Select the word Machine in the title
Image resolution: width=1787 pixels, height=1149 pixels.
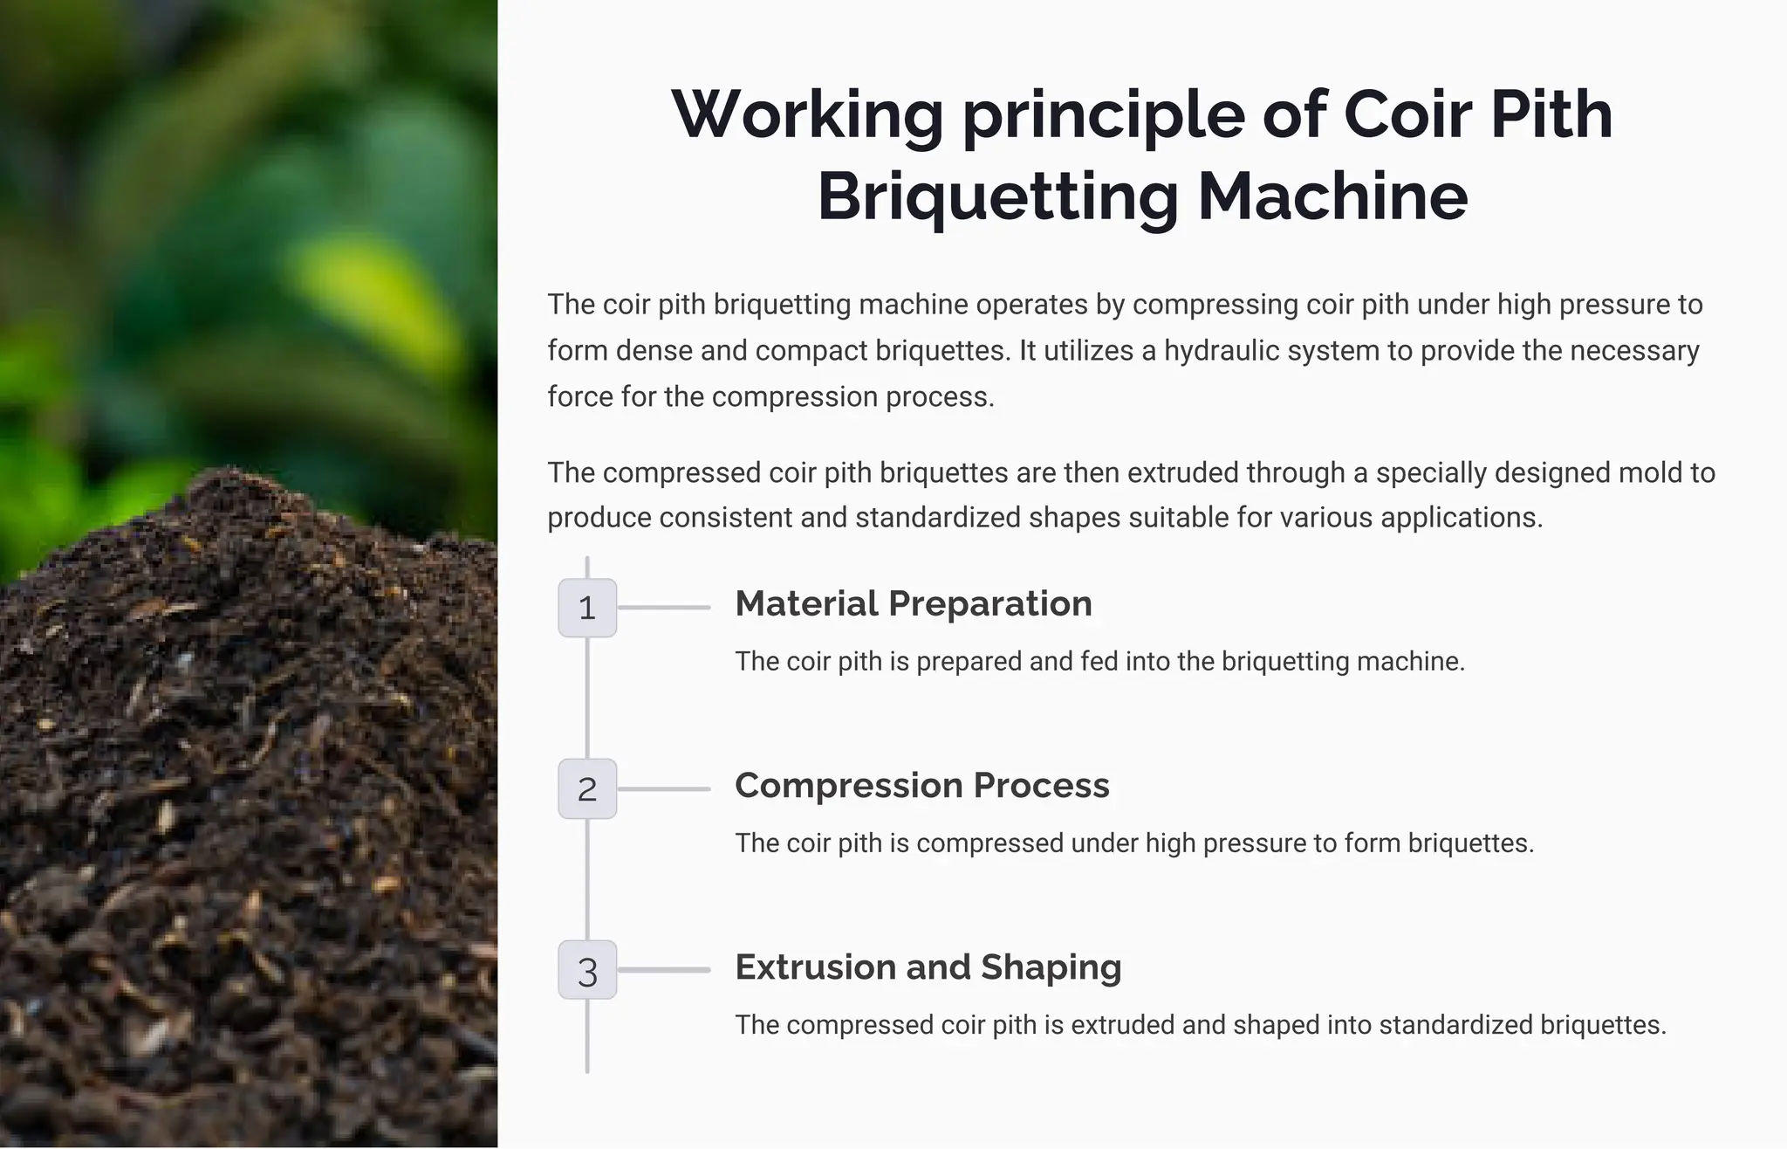[1332, 197]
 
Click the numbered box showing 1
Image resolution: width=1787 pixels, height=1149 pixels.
[587, 608]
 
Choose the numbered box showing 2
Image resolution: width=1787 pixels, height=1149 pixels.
[587, 789]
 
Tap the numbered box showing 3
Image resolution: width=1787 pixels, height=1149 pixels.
[587, 970]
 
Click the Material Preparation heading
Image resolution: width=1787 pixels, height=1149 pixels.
[914, 604]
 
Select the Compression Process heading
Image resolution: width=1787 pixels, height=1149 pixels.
[922, 786]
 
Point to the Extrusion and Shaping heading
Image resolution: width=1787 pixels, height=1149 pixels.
[928, 967]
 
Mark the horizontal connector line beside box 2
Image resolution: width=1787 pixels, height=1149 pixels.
[664, 789]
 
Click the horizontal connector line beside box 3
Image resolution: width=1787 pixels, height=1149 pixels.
[664, 970]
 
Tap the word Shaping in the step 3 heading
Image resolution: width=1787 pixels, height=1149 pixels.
[1051, 967]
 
